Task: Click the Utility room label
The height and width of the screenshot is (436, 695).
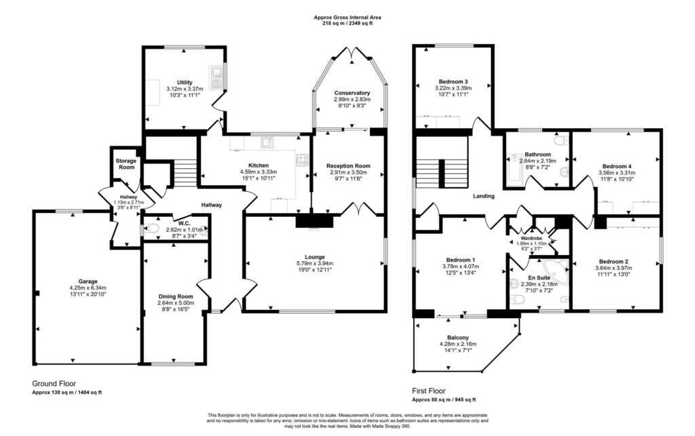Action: click(185, 82)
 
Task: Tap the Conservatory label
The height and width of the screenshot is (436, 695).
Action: click(352, 93)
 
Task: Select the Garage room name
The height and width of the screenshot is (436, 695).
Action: click(88, 281)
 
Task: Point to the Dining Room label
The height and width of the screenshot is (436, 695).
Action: click(176, 296)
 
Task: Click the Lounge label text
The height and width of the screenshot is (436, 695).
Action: click(315, 257)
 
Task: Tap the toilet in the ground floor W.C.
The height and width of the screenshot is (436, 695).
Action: click(151, 229)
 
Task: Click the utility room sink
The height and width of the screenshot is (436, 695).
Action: click(216, 77)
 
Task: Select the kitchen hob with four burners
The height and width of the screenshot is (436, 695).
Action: click(302, 160)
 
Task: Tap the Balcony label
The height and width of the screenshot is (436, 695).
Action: click(458, 338)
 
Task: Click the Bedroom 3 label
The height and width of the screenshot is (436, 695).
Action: click(453, 81)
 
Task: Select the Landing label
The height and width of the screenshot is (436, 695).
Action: click(483, 196)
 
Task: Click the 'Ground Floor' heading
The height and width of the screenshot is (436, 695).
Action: click(54, 383)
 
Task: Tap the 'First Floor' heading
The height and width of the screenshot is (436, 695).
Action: click(429, 391)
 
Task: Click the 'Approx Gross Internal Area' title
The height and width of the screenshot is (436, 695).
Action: click(347, 18)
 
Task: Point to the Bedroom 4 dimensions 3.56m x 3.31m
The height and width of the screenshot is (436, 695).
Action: click(616, 173)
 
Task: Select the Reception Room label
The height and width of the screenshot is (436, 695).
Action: click(348, 166)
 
